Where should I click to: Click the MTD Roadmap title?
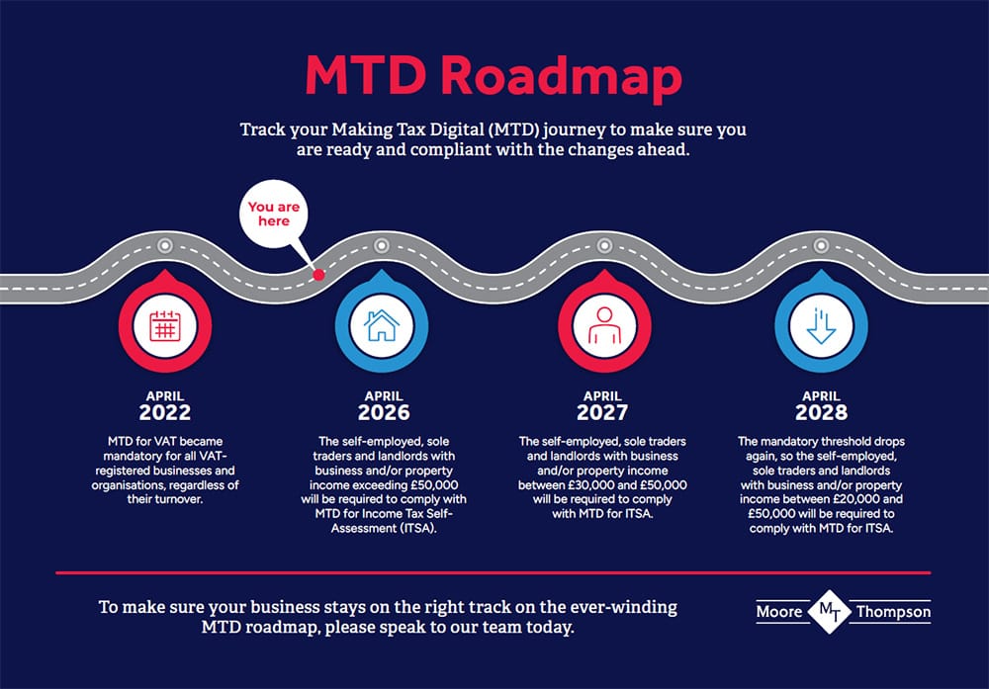tap(494, 76)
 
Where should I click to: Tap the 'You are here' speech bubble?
tap(274, 214)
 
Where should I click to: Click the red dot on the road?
tap(319, 274)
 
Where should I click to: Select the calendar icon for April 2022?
tap(165, 326)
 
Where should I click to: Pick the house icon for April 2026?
tap(382, 326)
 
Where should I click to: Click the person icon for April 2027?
tap(604, 326)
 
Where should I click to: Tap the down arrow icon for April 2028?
tap(821, 326)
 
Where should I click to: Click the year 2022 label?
tap(164, 412)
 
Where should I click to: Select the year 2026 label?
tap(384, 412)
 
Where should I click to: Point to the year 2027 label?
tap(602, 412)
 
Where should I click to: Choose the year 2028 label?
tap(821, 412)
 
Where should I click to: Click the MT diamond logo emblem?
tap(830, 612)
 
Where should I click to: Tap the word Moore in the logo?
tap(779, 612)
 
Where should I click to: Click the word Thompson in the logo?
tap(893, 612)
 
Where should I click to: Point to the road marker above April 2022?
tap(165, 245)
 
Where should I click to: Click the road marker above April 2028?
tap(821, 245)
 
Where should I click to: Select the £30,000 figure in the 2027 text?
tap(590, 485)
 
